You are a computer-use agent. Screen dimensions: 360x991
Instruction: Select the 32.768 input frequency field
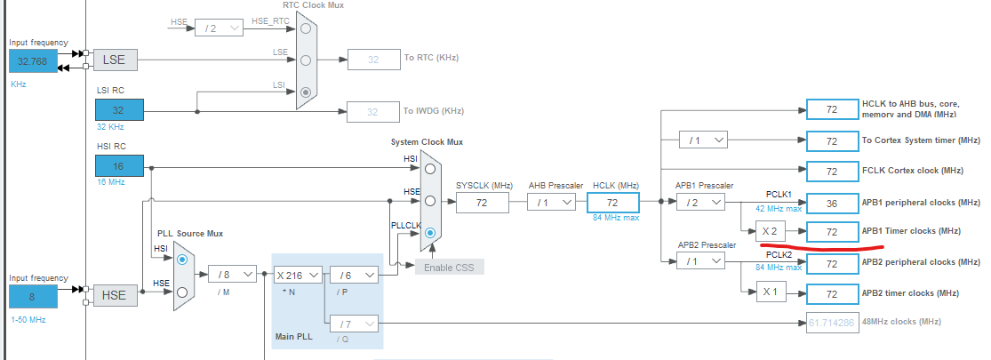click(33, 60)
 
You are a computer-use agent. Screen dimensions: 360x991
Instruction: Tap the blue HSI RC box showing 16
click(119, 166)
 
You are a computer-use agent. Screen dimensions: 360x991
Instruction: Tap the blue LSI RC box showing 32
click(119, 110)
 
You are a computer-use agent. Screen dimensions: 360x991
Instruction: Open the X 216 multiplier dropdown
click(298, 276)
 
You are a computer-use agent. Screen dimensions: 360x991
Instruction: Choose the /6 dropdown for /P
click(354, 276)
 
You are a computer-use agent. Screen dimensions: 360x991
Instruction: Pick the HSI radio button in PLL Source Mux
click(182, 260)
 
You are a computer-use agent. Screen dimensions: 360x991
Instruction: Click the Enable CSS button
click(449, 267)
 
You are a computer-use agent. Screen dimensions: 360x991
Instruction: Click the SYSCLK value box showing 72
click(483, 203)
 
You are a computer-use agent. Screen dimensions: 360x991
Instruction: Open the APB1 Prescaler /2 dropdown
click(701, 203)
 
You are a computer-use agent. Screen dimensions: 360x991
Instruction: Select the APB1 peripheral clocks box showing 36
click(832, 203)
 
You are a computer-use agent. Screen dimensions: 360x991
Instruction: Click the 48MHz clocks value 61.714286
click(832, 322)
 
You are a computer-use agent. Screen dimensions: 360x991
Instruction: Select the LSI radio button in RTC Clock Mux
click(307, 92)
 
